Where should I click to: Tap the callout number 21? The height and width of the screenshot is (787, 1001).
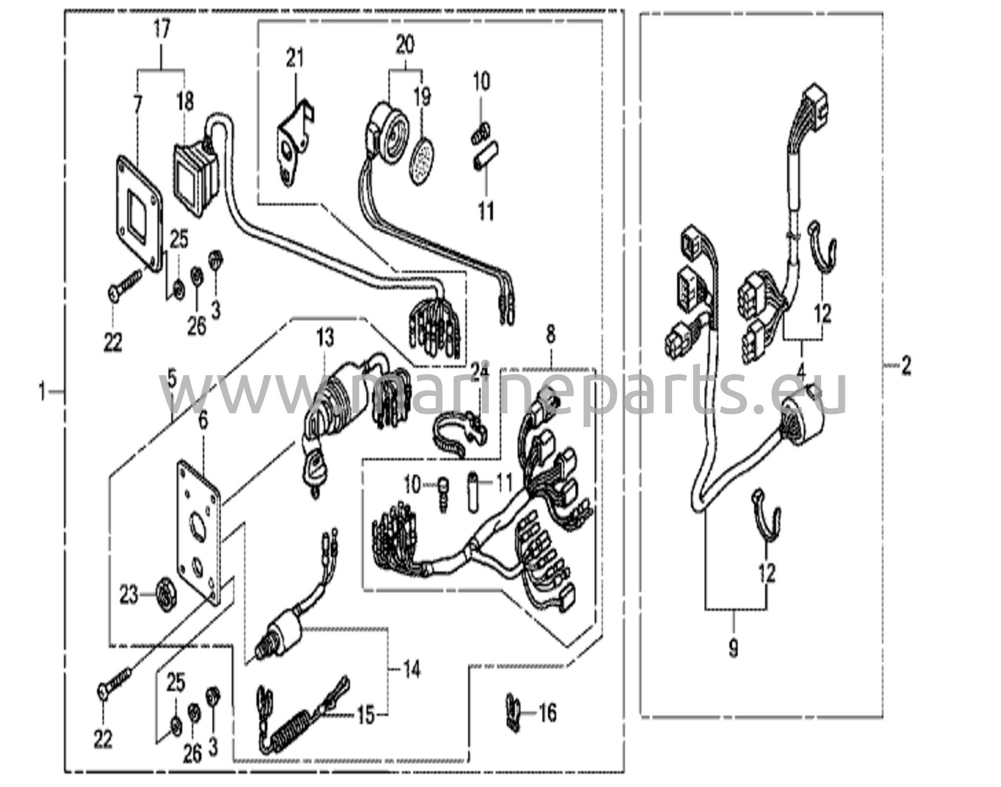pos(295,58)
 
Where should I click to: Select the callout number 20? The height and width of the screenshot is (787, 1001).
pos(405,45)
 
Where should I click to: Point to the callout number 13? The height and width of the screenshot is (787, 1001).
pos(325,337)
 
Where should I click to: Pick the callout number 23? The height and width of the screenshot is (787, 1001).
pos(130,596)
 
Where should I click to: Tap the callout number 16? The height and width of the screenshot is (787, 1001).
pos(548,713)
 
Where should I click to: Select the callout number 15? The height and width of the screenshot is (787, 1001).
pos(366,716)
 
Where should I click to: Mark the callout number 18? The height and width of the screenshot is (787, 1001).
pos(186,102)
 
